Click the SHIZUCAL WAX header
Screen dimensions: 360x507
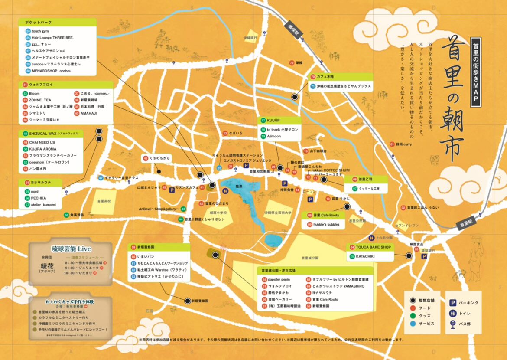pos(52,134)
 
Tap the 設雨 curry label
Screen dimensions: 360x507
pos(404,144)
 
